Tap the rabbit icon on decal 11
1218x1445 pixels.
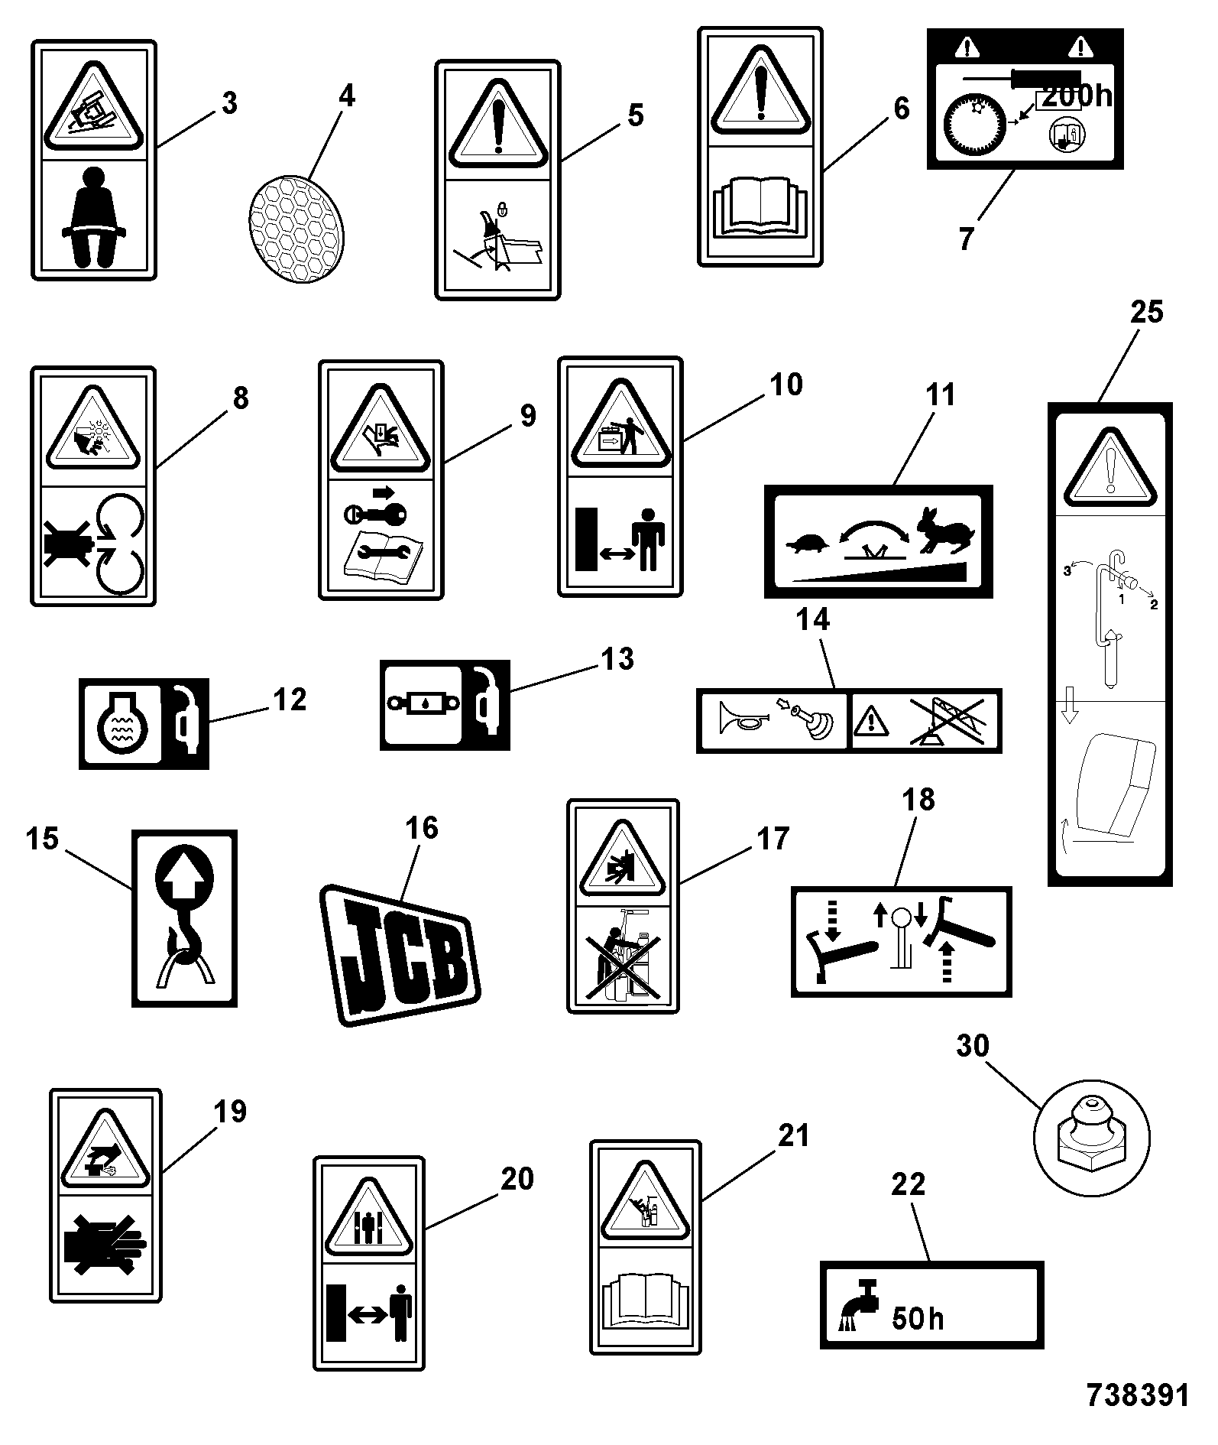tap(947, 529)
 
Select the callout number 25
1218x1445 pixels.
tap(1146, 312)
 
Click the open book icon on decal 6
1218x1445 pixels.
tap(760, 205)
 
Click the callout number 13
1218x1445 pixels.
tap(617, 658)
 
